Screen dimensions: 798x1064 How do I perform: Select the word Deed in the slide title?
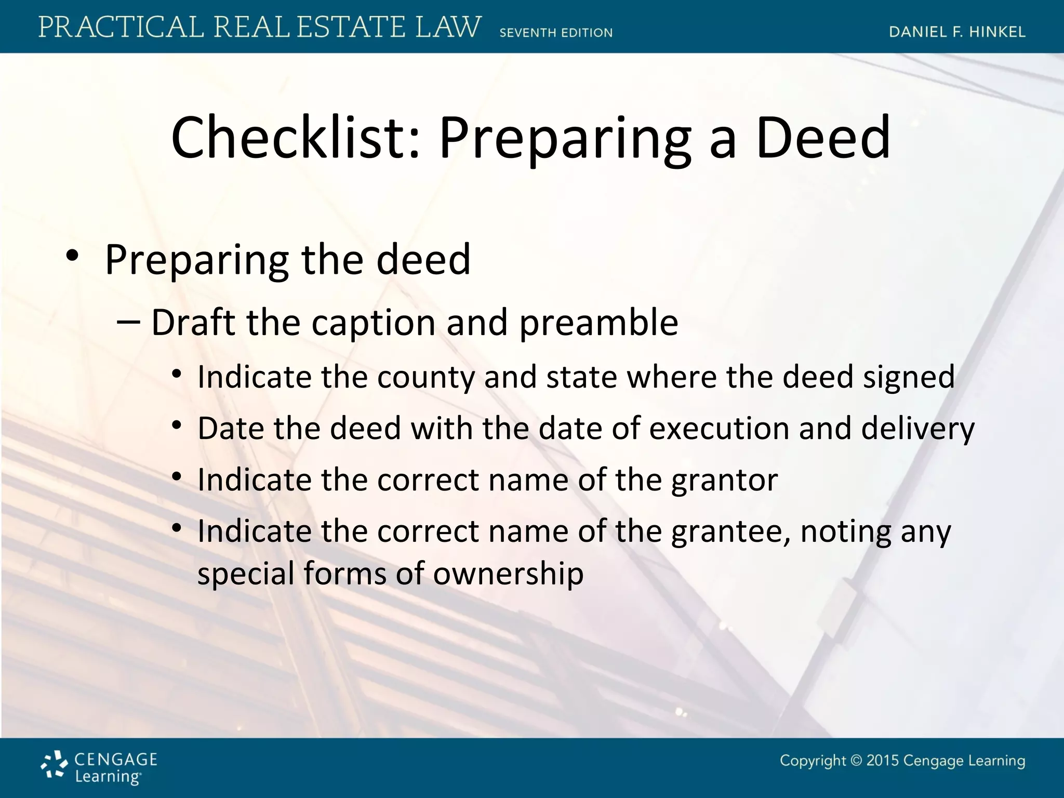coord(823,138)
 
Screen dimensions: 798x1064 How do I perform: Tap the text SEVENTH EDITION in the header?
coord(556,33)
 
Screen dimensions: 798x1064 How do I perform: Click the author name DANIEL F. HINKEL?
coord(957,32)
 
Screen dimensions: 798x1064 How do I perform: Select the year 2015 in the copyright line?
coord(882,761)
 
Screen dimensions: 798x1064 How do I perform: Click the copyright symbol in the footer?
coord(856,761)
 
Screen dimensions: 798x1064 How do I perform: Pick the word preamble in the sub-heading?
coord(598,323)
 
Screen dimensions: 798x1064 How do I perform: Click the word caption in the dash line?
coord(373,323)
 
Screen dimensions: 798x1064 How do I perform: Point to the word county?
coord(426,377)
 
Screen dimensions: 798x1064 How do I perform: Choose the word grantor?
coord(724,480)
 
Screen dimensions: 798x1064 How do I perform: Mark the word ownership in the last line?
coord(508,574)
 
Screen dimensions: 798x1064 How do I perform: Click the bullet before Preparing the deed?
coord(72,256)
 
